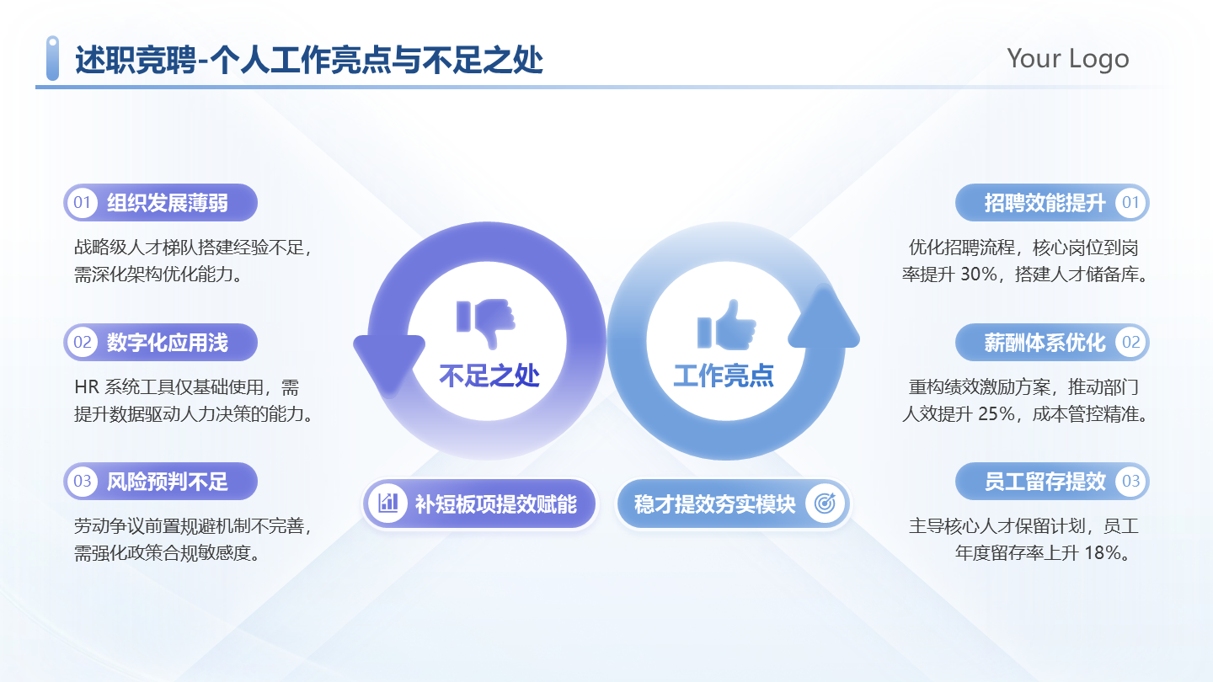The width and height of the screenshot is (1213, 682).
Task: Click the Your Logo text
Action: (1067, 59)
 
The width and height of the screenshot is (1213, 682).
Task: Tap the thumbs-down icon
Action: (486, 322)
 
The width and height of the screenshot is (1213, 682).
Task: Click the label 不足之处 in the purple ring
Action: (489, 376)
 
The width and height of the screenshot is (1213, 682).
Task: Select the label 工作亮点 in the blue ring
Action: (724, 376)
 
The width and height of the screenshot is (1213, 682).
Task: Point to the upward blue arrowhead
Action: (823, 320)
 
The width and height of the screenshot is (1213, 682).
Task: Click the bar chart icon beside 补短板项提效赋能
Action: (388, 504)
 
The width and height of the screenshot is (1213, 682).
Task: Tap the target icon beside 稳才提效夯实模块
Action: (825, 504)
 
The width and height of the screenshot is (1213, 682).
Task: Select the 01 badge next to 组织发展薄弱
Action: (82, 203)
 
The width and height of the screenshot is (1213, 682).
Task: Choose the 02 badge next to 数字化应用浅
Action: (82, 343)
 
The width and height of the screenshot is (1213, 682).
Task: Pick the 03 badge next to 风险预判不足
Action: (82, 482)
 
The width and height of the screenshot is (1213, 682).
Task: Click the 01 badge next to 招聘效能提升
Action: (1130, 203)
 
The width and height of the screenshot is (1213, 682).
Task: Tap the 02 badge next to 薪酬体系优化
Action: (1130, 343)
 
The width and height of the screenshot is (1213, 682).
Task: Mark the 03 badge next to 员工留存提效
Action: (1130, 482)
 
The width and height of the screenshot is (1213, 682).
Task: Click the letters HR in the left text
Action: (87, 388)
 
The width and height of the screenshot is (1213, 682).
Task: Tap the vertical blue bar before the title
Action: (52, 58)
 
